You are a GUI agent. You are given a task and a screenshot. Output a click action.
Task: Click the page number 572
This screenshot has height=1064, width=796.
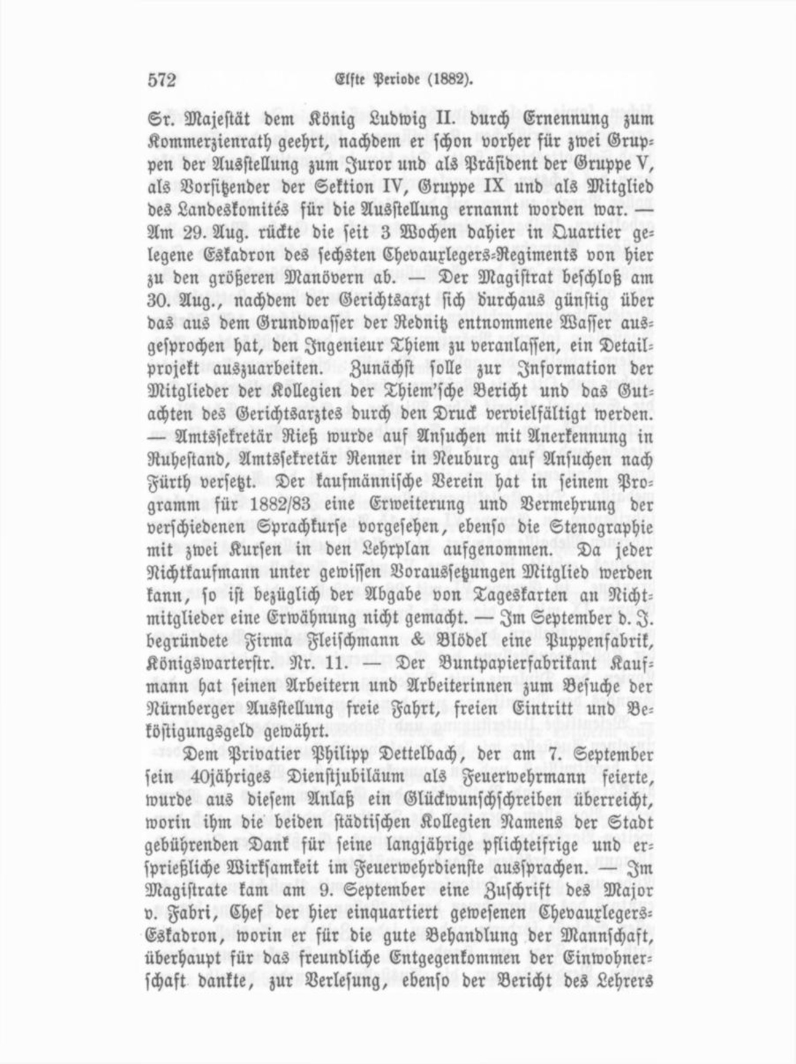pos(162,80)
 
